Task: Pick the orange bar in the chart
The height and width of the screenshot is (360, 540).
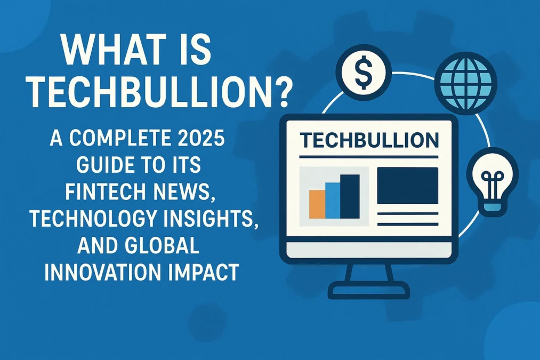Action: click(317, 204)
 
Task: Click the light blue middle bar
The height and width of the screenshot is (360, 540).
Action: click(332, 200)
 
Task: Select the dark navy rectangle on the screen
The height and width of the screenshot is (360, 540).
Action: click(407, 186)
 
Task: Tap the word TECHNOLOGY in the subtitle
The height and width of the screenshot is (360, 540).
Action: click(87, 218)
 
